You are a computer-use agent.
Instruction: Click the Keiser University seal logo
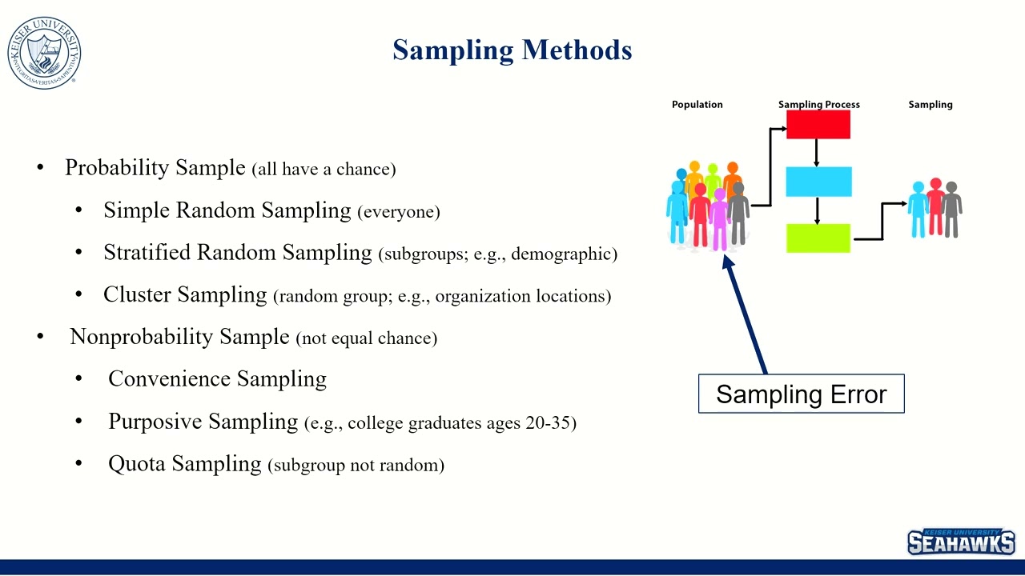tap(44, 53)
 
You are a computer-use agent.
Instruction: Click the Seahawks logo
tap(961, 542)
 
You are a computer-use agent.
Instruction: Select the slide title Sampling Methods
tap(512, 50)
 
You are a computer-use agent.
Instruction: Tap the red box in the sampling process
tap(818, 125)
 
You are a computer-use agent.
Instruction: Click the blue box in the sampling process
tap(818, 182)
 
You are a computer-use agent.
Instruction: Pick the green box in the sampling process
tap(818, 238)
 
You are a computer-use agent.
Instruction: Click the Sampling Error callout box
tap(801, 394)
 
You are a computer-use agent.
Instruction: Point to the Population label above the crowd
tap(697, 105)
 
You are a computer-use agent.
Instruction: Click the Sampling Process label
tap(818, 105)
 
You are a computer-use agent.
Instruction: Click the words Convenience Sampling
tap(217, 378)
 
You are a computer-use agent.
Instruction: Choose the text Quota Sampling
tap(185, 463)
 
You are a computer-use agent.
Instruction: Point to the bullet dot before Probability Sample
tap(40, 168)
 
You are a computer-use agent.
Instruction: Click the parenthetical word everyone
tap(398, 212)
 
